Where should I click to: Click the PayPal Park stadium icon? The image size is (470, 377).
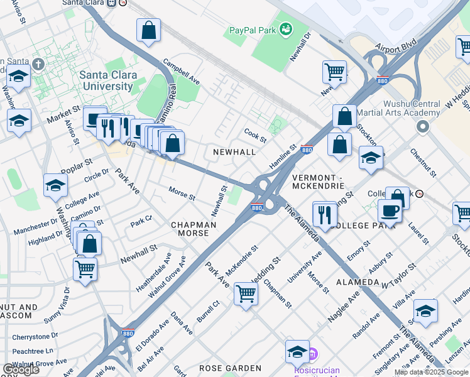287,28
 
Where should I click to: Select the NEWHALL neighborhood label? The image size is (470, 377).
234,152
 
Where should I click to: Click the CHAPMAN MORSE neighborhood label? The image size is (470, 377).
194,229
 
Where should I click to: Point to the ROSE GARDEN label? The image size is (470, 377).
230,368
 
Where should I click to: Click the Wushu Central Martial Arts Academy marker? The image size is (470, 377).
422,128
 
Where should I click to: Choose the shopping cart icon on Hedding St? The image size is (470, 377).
246,293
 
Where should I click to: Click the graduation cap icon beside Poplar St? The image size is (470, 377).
55,185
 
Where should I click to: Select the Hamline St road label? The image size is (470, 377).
284,156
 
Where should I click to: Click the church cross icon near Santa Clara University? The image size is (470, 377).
38,64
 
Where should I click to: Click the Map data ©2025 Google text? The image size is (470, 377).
431,372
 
